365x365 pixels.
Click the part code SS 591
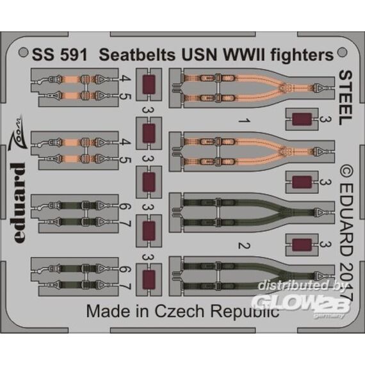pyautogui.click(x=60, y=55)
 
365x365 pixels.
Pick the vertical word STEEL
pyautogui.click(x=346, y=97)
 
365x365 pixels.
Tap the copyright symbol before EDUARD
pyautogui.click(x=346, y=172)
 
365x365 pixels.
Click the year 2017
pyautogui.click(x=346, y=281)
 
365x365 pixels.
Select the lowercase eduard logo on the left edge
pyautogui.click(x=18, y=202)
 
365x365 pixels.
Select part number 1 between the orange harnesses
pyautogui.click(x=245, y=121)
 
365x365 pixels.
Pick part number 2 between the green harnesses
pyautogui.click(x=245, y=246)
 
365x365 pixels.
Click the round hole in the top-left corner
pyautogui.click(x=23, y=52)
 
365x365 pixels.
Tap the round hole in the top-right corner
pyautogui.click(x=342, y=52)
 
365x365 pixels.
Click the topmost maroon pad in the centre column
pyautogui.click(x=149, y=85)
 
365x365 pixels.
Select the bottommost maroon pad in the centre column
pyautogui.click(x=149, y=280)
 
